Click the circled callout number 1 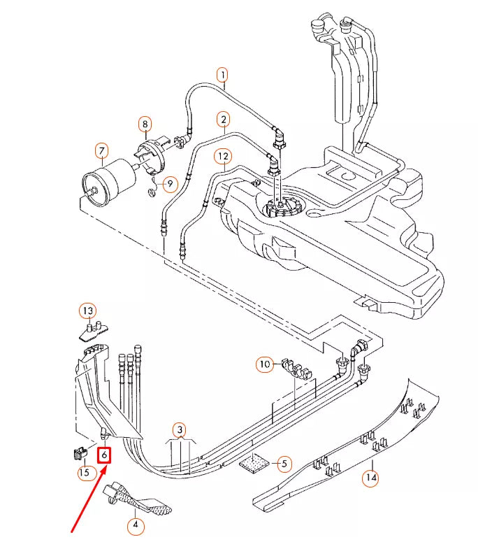[x=222, y=74]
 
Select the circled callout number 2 [x=223, y=119]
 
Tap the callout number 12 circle [x=222, y=155]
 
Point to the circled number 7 [x=101, y=151]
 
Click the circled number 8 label [x=145, y=125]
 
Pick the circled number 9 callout [x=170, y=184]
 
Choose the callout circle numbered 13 [x=87, y=311]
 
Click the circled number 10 [x=264, y=364]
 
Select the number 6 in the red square [x=104, y=455]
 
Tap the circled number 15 [x=84, y=473]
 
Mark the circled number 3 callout [x=180, y=429]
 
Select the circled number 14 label [x=370, y=478]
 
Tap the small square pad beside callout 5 [x=255, y=463]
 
